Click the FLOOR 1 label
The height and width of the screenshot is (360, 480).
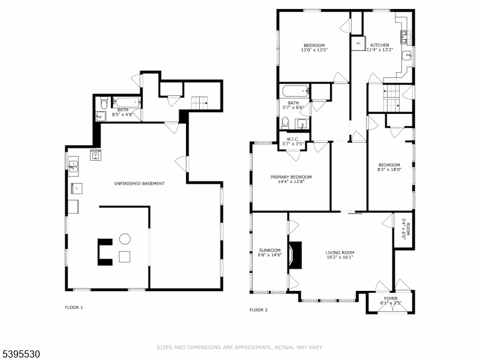pos(74,307)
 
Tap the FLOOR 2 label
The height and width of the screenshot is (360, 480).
pos(258,310)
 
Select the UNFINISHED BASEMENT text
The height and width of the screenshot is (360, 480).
pos(139,183)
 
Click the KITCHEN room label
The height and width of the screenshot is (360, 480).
pos(379,45)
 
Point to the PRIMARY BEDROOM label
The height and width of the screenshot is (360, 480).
pos(291,177)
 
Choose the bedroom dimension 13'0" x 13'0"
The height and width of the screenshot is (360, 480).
pos(314,50)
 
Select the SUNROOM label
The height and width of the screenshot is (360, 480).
pos(269,250)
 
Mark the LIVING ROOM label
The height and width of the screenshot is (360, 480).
pos(340,253)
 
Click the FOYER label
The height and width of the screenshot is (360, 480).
pos(391,298)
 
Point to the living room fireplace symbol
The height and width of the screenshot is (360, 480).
pos(294,254)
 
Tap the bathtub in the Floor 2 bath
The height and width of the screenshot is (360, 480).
pos(294,92)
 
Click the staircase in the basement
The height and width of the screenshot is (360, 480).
pos(200,103)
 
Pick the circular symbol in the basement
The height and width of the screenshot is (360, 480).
pos(125,239)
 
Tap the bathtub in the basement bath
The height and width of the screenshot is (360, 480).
pos(127,102)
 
